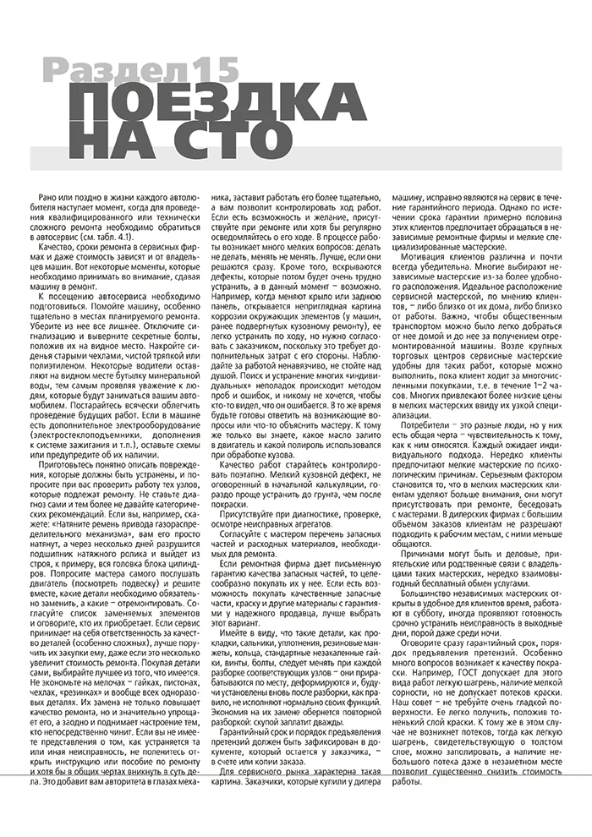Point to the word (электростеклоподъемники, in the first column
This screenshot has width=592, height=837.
(x=94, y=434)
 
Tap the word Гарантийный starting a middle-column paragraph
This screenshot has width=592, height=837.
(x=253, y=753)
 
